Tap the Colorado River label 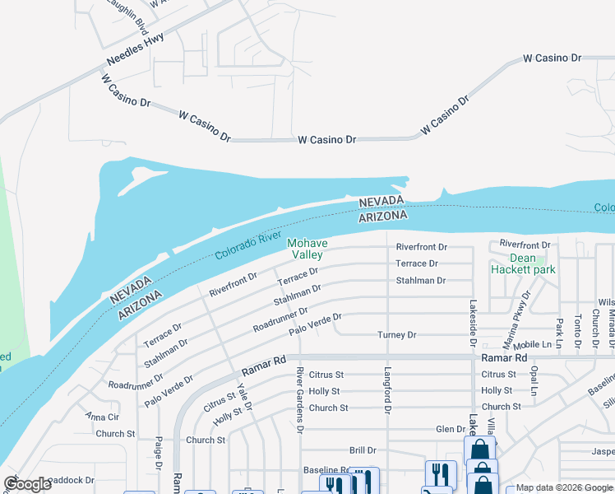coord(248,245)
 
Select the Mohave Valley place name coord(307,249)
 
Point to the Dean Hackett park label coord(523,264)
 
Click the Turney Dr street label coord(397,335)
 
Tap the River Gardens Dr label coord(300,400)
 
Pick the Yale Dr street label coord(242,395)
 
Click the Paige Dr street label coord(158,454)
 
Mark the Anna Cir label coord(103,417)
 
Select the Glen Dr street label coord(451,429)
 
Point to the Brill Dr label coord(363,450)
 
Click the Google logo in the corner coord(27,484)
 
